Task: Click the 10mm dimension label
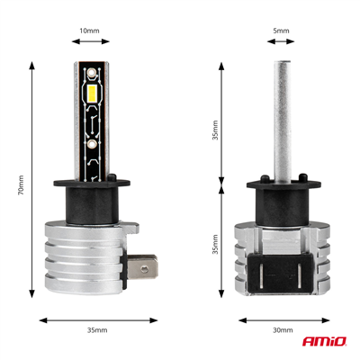88,31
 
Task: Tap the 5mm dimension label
281,31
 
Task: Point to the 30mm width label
281,331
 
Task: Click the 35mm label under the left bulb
96,331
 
